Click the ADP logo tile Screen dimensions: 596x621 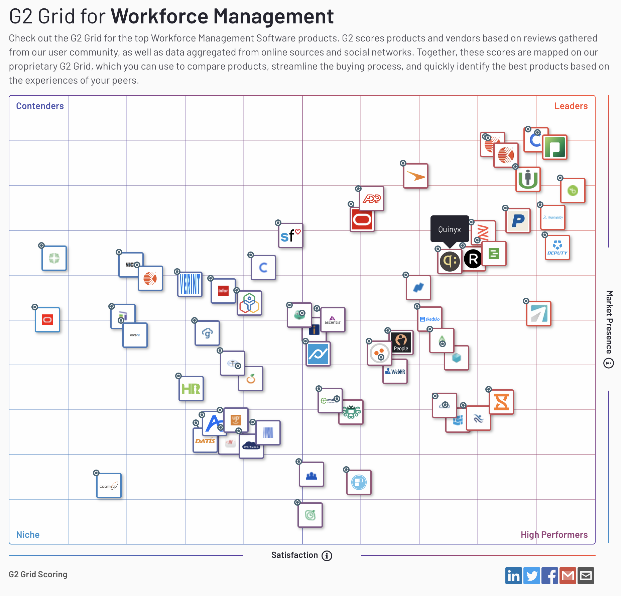pyautogui.click(x=372, y=199)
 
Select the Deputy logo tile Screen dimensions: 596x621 pyautogui.click(x=557, y=247)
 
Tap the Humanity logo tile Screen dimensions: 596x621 pyautogui.click(x=553, y=217)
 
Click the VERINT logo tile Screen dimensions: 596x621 pyautogui.click(x=190, y=284)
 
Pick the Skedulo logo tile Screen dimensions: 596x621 pyautogui.click(x=430, y=319)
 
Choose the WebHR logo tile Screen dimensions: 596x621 pyautogui.click(x=395, y=372)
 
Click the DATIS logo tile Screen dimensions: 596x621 pyautogui.click(x=205, y=441)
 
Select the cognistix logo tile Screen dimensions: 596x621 pyautogui.click(x=109, y=486)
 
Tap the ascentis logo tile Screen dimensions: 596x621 pyautogui.click(x=333, y=320)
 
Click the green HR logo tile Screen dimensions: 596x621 pyautogui.click(x=191, y=389)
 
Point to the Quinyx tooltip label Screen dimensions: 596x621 pyautogui.click(x=450, y=229)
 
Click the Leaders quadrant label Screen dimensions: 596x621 pyautogui.click(x=571, y=106)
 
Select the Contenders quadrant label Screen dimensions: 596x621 pyautogui.click(x=40, y=106)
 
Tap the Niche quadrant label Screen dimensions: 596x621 pyautogui.click(x=28, y=534)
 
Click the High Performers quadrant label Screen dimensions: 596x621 pyautogui.click(x=554, y=534)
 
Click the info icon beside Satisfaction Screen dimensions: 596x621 pyautogui.click(x=327, y=556)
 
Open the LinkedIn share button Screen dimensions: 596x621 pyautogui.click(x=513, y=576)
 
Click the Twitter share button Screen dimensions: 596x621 pyautogui.click(x=531, y=576)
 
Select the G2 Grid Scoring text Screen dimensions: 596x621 pyautogui.click(x=38, y=574)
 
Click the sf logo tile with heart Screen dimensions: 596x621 pyautogui.click(x=290, y=236)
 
